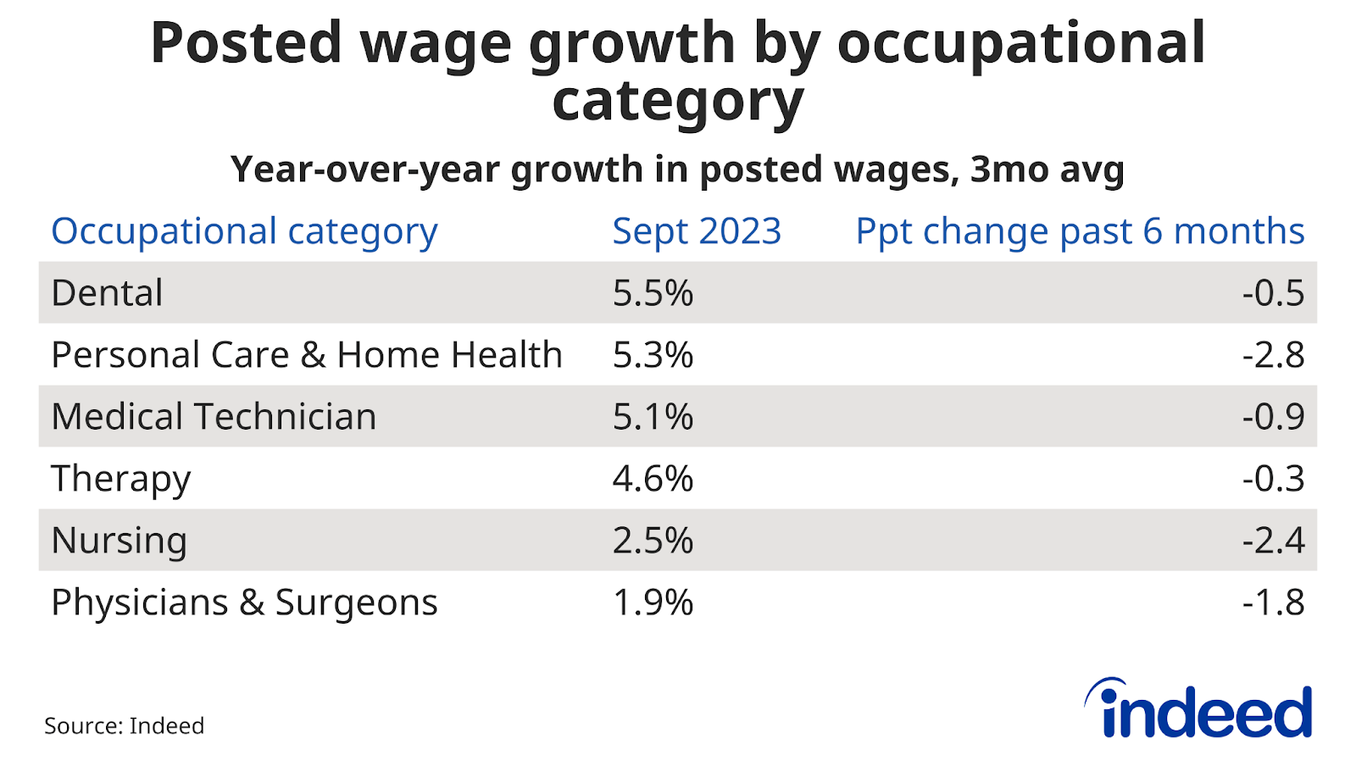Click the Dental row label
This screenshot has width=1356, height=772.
107,293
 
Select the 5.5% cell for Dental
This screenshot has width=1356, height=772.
653,293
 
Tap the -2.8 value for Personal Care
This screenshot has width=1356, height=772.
1273,355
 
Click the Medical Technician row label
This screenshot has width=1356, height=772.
214,417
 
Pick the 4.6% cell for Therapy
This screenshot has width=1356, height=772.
653,479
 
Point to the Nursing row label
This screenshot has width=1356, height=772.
119,541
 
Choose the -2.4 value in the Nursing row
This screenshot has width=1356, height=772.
1273,541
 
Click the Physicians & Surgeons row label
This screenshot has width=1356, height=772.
244,603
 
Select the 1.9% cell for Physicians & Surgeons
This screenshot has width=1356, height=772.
653,603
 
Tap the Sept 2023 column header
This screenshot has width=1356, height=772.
697,231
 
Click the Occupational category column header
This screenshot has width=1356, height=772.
244,231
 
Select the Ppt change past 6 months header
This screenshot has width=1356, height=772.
1080,231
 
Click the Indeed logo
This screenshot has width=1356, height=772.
1198,708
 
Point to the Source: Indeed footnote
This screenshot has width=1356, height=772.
124,726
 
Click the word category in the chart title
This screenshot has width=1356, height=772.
677,102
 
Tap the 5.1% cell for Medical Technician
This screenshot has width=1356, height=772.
653,417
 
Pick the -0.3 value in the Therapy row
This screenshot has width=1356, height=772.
1273,479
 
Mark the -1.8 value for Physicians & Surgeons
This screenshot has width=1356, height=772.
1273,603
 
